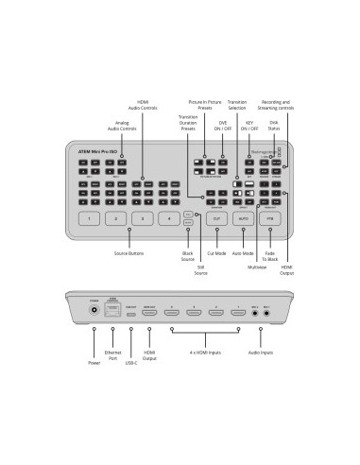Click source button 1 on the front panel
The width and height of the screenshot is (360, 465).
pyautogui.click(x=88, y=218)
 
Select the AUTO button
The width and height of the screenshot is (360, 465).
pyautogui.click(x=244, y=218)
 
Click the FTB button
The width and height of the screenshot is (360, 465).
pyautogui.click(x=270, y=218)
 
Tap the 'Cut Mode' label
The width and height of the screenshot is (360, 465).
pyautogui.click(x=217, y=254)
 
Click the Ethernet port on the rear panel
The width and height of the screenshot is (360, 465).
pyautogui.click(x=113, y=308)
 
